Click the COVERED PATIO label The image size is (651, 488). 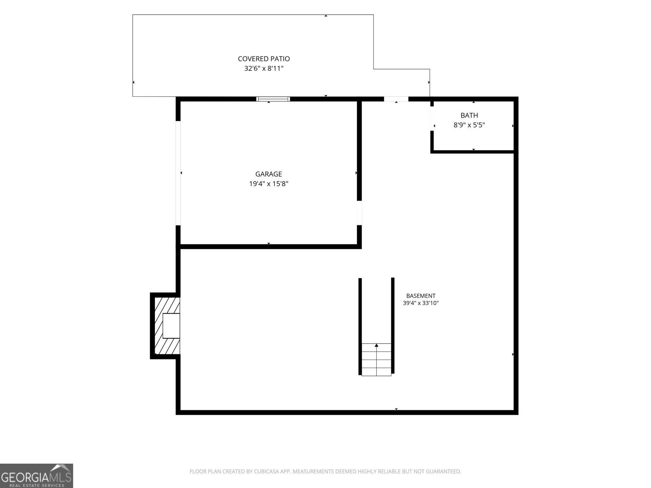click(264, 59)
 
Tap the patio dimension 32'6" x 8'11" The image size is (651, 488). click(264, 68)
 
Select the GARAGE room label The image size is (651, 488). click(269, 174)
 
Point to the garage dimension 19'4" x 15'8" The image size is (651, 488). click(269, 184)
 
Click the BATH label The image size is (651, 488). click(469, 115)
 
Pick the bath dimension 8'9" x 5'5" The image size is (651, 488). click(469, 125)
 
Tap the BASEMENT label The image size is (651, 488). click(421, 296)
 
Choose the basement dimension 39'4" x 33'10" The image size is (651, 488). click(421, 303)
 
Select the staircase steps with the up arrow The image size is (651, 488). click(376, 359)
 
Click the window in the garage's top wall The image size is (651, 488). click(273, 99)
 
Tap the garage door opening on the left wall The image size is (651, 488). click(178, 173)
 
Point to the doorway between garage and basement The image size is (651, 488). click(359, 213)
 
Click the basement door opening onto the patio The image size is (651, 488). click(396, 99)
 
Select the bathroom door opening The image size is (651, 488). click(432, 118)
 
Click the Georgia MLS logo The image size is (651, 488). click(37, 475)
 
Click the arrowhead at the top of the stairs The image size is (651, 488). click(376, 345)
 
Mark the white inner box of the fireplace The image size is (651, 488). click(171, 326)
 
